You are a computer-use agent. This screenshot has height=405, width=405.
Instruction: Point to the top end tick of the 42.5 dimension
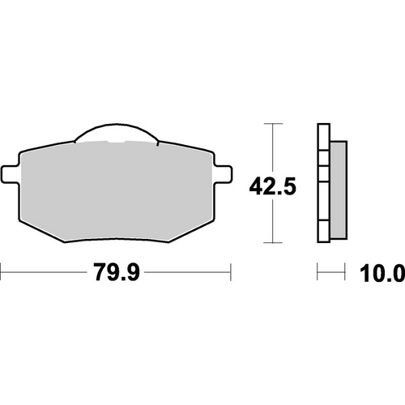point(273,123)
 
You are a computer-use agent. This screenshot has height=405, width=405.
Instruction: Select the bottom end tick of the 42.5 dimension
point(273,243)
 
